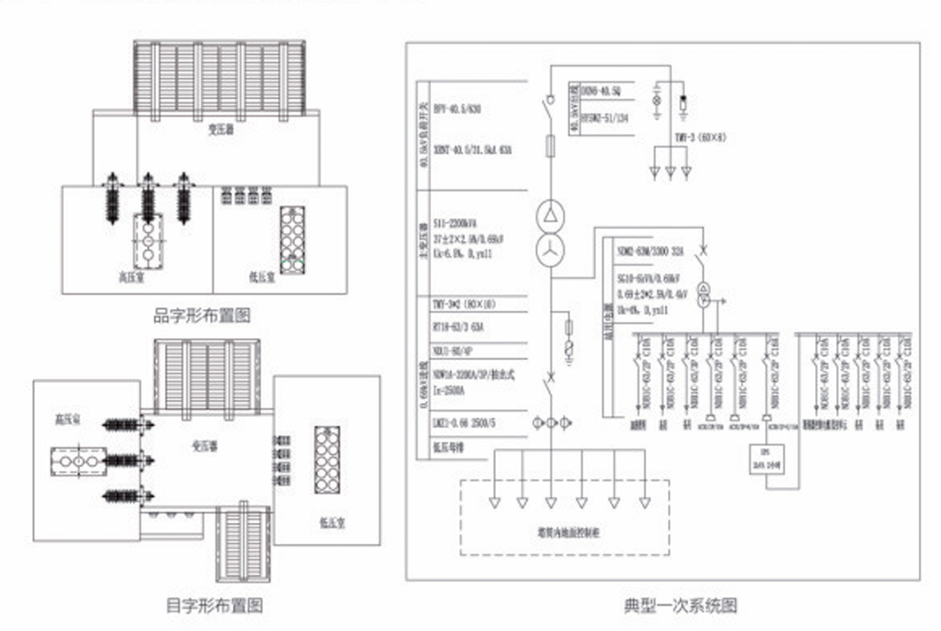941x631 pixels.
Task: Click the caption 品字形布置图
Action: click(202, 316)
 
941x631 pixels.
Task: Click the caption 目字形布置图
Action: click(214, 604)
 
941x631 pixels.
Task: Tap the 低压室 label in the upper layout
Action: click(260, 278)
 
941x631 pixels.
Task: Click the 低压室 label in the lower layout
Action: click(331, 521)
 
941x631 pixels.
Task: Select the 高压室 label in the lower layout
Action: click(68, 420)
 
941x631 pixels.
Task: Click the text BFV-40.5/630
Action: click(457, 110)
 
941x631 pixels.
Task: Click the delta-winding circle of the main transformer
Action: click(549, 213)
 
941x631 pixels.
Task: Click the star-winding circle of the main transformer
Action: click(549, 250)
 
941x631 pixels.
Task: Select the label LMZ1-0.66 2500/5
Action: click(465, 424)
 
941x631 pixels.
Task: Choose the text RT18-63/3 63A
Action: click(460, 328)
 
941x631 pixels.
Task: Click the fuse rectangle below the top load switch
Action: click(549, 147)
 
